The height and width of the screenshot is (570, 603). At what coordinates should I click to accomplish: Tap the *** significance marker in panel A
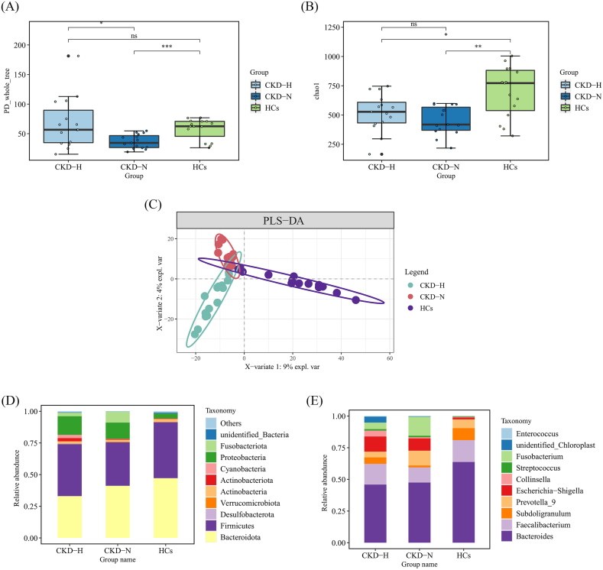167,48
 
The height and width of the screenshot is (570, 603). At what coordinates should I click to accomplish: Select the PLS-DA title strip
285,219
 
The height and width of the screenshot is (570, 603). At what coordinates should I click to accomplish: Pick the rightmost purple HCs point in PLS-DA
355,300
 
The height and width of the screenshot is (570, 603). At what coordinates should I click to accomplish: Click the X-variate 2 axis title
161,292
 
